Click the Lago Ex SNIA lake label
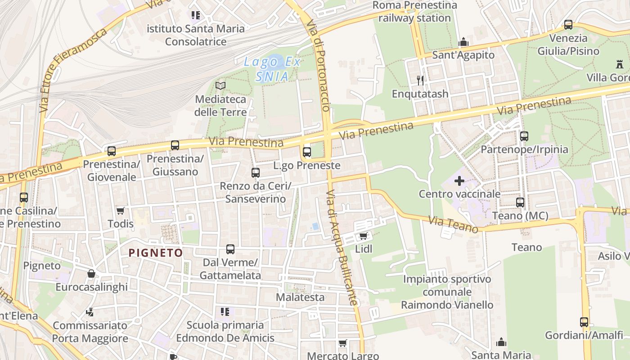272,69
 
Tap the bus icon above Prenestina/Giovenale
111,151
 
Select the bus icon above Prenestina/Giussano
175,145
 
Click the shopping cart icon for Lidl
363,236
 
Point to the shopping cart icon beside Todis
120,211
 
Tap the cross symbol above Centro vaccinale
459,181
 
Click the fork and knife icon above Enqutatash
420,81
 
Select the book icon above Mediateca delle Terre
220,85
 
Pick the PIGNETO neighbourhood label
156,253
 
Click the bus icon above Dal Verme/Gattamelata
230,249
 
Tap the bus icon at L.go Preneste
307,152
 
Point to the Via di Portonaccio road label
319,66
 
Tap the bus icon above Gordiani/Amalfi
584,322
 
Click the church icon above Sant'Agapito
463,42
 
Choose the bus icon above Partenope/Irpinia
524,136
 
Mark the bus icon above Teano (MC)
520,202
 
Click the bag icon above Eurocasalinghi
91,274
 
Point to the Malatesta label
300,297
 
